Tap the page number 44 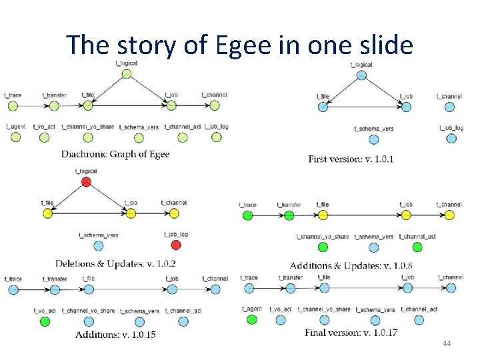pos(446,343)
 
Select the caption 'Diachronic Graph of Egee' pos(115,154)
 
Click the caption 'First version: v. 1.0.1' pos(351,159)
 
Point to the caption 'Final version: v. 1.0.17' pos(351,332)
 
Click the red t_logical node pos(85,182)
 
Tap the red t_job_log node pos(175,245)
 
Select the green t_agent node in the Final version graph pos(251,320)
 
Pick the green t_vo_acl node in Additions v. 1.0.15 pos(45,321)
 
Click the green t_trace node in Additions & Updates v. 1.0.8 pos(247,215)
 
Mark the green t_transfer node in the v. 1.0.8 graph pos(289,215)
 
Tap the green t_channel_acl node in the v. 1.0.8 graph pos(417,247)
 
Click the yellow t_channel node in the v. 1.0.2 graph pos(174,213)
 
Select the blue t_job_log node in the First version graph pos(451,139)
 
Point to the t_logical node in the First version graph pos(361,75)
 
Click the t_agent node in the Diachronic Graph pos(16,137)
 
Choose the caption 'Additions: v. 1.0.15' pos(115,334)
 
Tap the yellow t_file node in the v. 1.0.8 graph pos(323,215)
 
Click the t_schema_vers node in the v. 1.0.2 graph pos(99,245)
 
